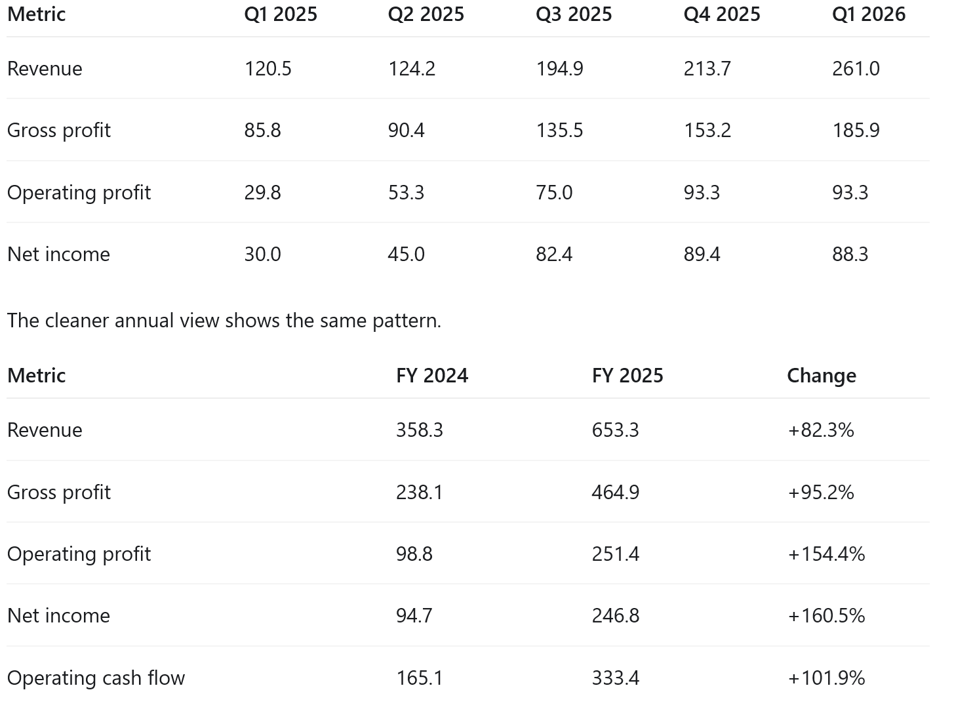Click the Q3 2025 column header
[x=573, y=14]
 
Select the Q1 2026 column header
[x=868, y=14]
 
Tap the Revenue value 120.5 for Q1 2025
[x=268, y=69]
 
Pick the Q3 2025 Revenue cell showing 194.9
[x=559, y=69]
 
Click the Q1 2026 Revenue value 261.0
[x=856, y=69]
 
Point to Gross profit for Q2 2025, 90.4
[x=406, y=131]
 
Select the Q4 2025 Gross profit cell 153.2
[x=707, y=131]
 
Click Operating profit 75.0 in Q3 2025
[x=554, y=193]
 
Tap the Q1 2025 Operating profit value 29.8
[x=262, y=193]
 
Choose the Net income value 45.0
[x=406, y=254]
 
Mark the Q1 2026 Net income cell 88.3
[x=850, y=254]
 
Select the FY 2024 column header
[x=432, y=375]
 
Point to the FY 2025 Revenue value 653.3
[x=615, y=430]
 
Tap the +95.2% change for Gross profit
[x=821, y=493]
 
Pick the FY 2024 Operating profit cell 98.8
[x=414, y=554]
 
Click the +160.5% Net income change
[x=826, y=616]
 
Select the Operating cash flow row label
[x=96, y=678]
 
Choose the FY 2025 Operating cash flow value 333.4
[x=615, y=678]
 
